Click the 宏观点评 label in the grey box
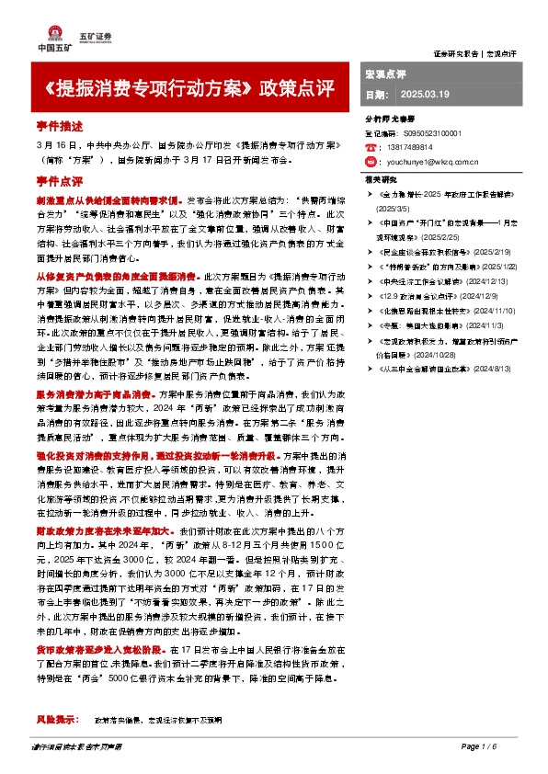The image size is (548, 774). pos(385,72)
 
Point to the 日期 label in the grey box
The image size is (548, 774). pos(377,95)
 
